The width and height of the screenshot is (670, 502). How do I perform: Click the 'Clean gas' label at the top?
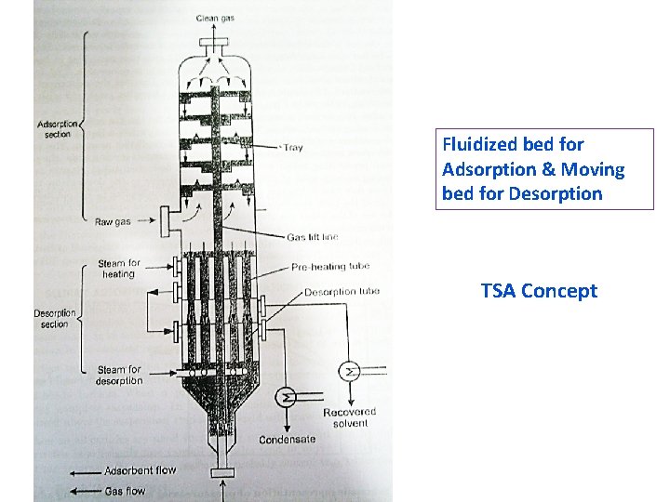(x=215, y=18)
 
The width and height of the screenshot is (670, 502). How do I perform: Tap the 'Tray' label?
(x=292, y=148)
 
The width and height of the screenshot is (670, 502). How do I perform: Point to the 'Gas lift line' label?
(x=313, y=238)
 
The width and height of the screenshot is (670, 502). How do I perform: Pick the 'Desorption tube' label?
(x=342, y=293)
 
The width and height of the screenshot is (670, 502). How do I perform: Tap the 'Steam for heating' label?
(x=119, y=269)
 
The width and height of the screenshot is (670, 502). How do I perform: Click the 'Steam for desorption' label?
(x=119, y=375)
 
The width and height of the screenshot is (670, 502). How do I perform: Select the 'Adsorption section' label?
(x=58, y=129)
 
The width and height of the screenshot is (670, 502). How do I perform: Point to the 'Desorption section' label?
(x=55, y=319)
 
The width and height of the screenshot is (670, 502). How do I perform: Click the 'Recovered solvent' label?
(x=350, y=417)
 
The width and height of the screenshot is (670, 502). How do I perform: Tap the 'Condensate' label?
(x=287, y=440)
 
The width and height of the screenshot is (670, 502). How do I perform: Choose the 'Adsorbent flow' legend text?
(x=140, y=470)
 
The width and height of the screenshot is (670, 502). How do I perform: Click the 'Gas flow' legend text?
(x=125, y=490)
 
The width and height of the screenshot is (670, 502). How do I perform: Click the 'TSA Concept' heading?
(x=539, y=291)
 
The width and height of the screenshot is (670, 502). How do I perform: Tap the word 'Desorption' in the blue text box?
(x=556, y=194)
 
